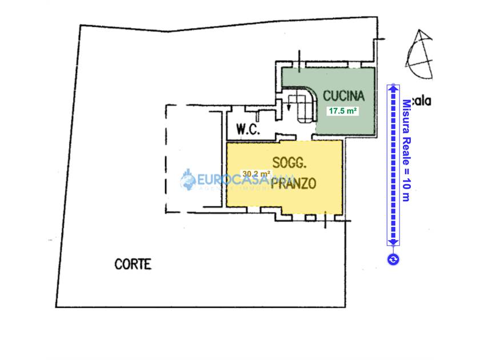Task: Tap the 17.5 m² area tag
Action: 342,111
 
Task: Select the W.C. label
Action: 249,130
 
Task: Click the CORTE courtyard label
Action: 133,264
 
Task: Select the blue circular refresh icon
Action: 393,259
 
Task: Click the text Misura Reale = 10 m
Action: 406,150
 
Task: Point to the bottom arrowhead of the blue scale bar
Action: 393,242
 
